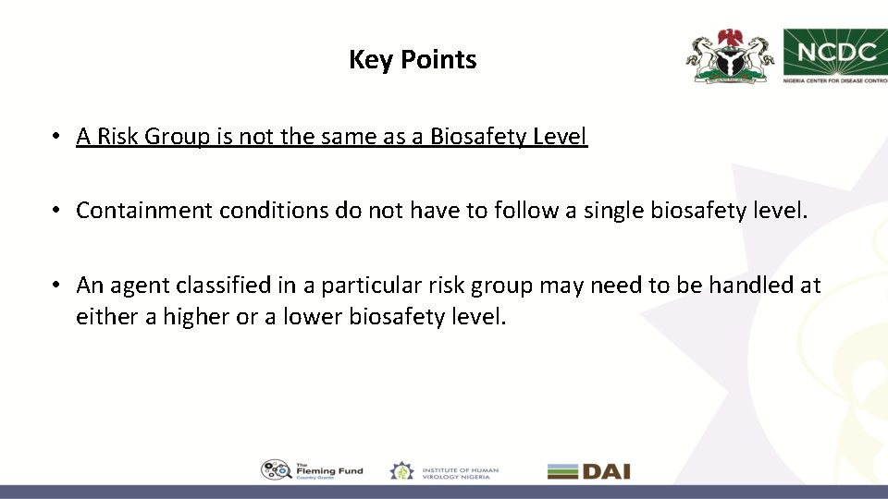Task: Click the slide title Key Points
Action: coord(413,60)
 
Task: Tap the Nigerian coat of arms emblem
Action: coord(730,56)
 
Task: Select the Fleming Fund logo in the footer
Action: coord(312,470)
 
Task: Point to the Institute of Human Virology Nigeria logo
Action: coord(444,470)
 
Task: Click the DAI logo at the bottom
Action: coord(588,471)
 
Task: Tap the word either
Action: coord(105,317)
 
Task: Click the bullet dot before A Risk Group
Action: coord(57,137)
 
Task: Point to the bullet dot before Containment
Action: coord(57,211)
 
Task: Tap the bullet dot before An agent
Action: coord(57,286)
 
